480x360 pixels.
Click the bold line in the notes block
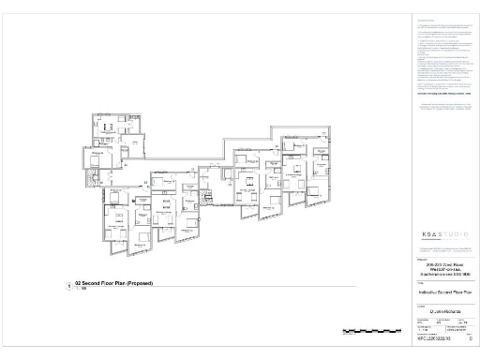[437, 95]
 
